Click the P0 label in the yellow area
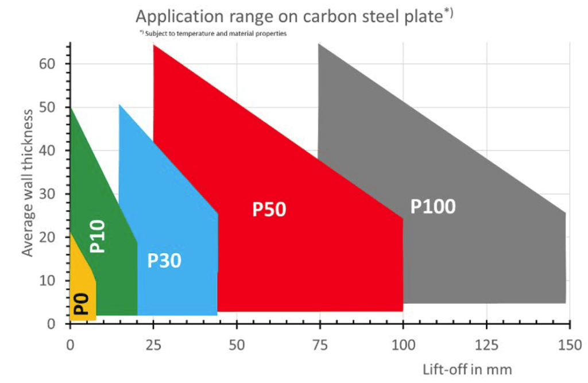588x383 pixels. (x=81, y=303)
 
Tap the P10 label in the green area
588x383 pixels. (x=98, y=236)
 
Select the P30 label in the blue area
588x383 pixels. (x=164, y=260)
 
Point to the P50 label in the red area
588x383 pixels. (x=269, y=210)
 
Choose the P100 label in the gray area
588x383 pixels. (x=432, y=206)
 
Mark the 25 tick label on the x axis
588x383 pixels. (x=153, y=345)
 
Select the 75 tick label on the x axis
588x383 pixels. (x=320, y=345)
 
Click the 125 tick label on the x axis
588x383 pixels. (x=486, y=345)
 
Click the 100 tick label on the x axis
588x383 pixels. (x=403, y=345)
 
